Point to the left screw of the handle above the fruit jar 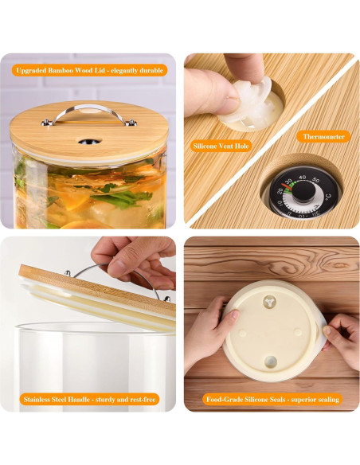(47, 122)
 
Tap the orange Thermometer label (323, 137)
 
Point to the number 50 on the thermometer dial (317, 182)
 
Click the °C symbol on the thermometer (327, 197)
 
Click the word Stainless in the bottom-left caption (42, 399)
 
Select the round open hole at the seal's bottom (270, 362)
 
